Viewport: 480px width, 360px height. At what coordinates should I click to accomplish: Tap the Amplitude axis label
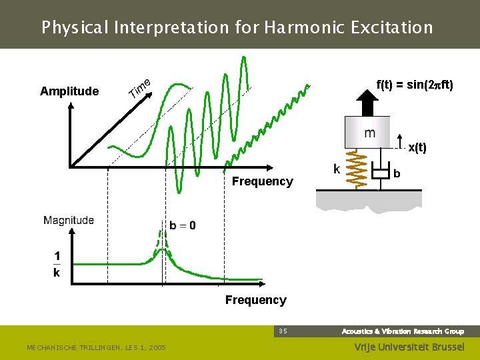click(69, 91)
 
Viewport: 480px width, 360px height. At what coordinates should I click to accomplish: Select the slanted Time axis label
click(139, 87)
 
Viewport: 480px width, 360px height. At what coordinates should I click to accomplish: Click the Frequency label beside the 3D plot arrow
click(262, 181)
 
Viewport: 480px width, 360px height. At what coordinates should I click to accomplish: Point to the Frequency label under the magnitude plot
click(255, 300)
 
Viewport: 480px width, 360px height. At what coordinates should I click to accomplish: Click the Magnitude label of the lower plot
click(69, 220)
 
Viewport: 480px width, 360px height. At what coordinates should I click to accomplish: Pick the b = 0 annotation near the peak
click(182, 225)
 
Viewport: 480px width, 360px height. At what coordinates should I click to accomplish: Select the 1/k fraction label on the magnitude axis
click(57, 264)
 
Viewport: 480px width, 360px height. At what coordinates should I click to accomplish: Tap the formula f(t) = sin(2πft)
click(415, 85)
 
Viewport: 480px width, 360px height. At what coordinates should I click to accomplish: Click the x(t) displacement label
click(417, 148)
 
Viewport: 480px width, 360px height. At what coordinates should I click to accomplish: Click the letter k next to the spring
click(337, 169)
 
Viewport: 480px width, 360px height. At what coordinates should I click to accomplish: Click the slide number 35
click(283, 331)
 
